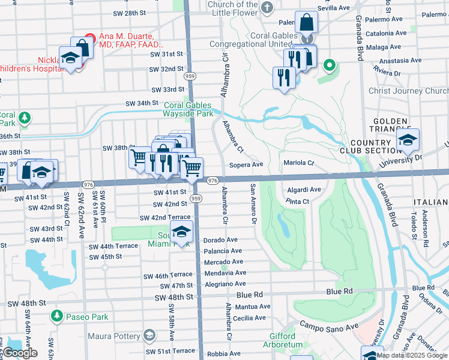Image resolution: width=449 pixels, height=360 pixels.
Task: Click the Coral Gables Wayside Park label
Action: tap(188, 109)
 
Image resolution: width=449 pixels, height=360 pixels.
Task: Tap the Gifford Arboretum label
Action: tap(279, 340)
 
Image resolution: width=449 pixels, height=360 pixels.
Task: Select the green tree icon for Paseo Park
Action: tap(56, 315)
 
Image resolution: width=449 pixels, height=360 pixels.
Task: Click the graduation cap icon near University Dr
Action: tap(408, 140)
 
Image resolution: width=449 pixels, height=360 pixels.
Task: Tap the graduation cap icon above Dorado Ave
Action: tap(181, 230)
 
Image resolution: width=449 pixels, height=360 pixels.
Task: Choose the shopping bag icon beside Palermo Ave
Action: tap(306, 23)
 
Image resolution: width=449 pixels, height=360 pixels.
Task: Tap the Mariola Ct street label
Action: tap(299, 163)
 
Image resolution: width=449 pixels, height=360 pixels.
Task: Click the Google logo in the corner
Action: tap(20, 353)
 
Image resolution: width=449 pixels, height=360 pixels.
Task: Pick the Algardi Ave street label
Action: tap(304, 190)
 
